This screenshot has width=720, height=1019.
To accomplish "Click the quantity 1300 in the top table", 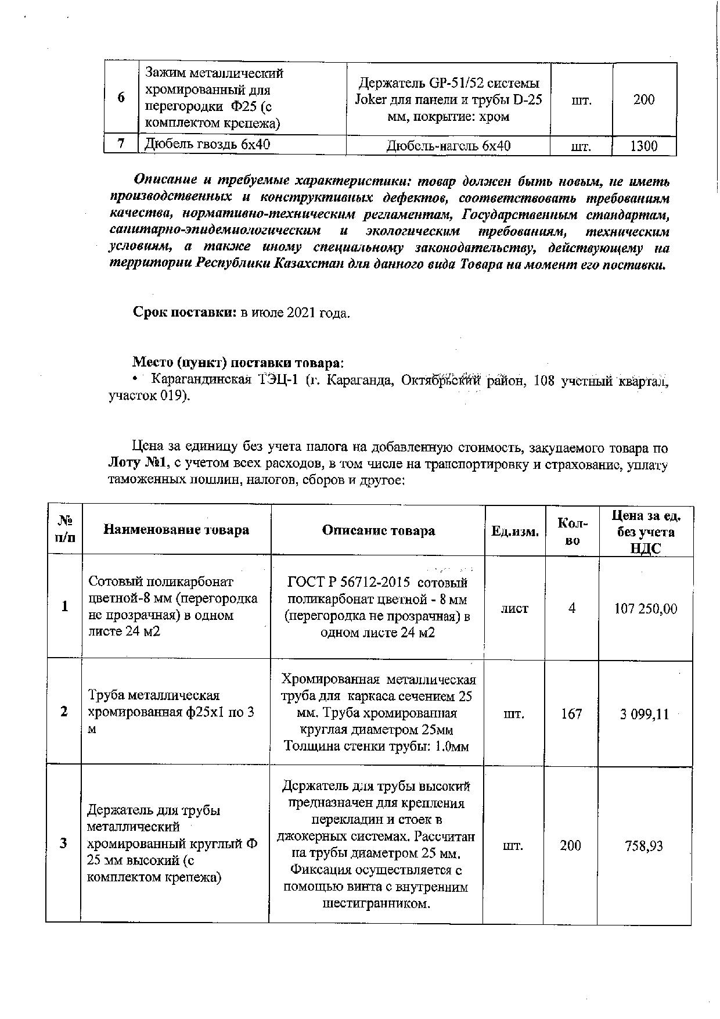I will click(x=644, y=146).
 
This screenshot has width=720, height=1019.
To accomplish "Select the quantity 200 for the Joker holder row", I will click(x=644, y=99).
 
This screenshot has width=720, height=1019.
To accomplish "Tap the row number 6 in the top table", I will click(x=121, y=98).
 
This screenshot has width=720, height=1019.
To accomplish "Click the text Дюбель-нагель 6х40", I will click(x=448, y=146).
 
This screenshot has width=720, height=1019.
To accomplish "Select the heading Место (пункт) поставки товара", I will click(x=237, y=363).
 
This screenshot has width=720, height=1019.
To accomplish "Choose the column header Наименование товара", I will click(x=176, y=530).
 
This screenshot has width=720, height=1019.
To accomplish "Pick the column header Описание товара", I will click(x=378, y=530).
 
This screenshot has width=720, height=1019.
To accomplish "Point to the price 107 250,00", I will click(x=646, y=609).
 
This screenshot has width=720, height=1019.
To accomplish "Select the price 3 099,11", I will click(x=645, y=714).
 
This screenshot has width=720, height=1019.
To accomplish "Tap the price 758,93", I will click(x=644, y=846).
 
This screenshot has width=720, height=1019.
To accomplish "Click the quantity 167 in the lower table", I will click(x=571, y=713).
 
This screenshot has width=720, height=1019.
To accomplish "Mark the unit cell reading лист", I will click(x=515, y=608).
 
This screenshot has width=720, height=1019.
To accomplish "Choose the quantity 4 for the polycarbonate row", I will click(x=572, y=608).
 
